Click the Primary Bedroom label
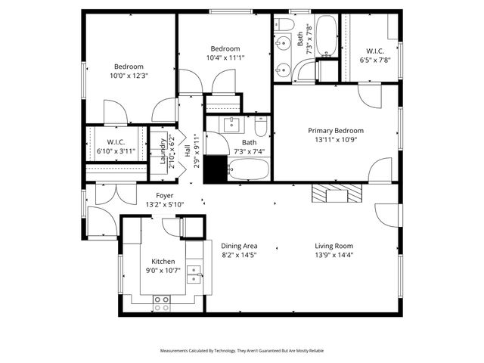[x=335, y=130]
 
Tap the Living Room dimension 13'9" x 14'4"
[x=334, y=256]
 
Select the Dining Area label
[x=239, y=246]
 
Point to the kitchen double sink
[x=195, y=274]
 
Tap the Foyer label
[x=164, y=195]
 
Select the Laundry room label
[x=163, y=150]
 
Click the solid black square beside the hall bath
[x=216, y=169]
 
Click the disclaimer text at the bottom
[x=241, y=351]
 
